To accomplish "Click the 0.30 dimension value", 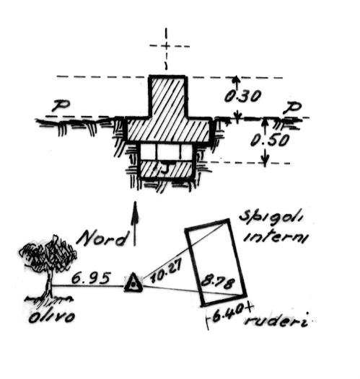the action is [242, 97].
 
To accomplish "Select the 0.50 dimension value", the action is [270, 141].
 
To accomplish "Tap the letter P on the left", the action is [61, 106].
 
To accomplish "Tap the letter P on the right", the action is [292, 107].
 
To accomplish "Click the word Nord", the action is [102, 238].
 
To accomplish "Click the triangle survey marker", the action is [133, 282].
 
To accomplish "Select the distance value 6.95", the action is [91, 278].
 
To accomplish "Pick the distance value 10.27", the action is [167, 271].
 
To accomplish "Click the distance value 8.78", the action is [218, 282].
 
